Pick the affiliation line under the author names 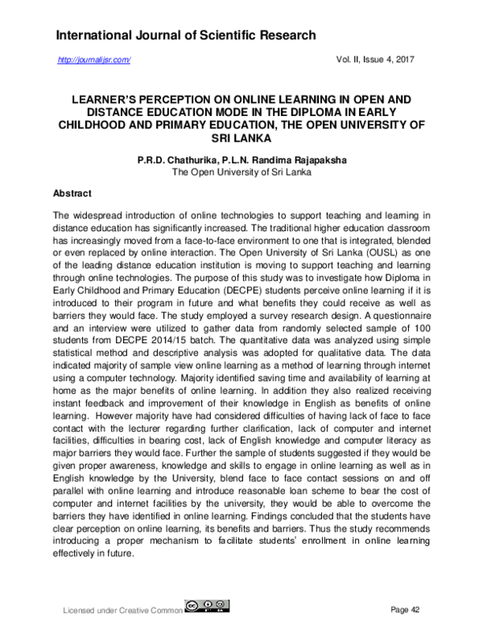click(242, 172)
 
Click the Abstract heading click(72, 194)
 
